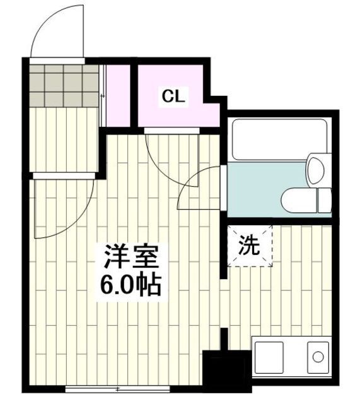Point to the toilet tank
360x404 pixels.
click(324, 199)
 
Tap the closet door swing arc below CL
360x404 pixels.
click(170, 155)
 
